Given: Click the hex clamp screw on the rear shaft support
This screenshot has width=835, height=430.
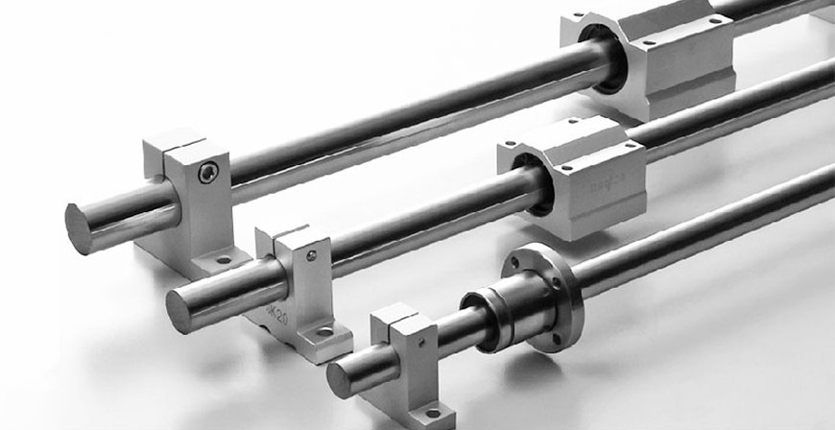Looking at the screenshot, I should (x=208, y=172).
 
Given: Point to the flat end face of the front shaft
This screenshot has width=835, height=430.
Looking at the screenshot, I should (x=338, y=380).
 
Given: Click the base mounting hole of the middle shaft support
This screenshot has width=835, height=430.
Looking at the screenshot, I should (x=324, y=332).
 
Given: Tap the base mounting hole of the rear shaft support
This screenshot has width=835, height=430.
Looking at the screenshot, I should (x=224, y=258).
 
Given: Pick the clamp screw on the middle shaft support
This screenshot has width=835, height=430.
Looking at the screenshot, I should (x=310, y=255).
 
